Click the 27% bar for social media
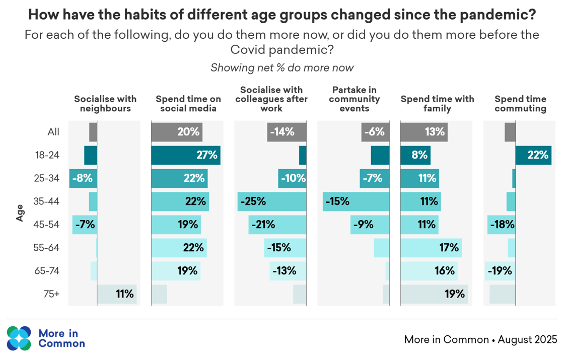[186, 155]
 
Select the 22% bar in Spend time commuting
[533, 155]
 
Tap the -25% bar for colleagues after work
[272, 201]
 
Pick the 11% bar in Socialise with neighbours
[117, 294]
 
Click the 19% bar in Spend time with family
[434, 294]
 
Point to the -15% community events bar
[356, 201]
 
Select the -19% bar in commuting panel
[500, 271]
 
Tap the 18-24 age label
[47, 155]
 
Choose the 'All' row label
[53, 132]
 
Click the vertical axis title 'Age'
[20, 212]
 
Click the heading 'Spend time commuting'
[520, 104]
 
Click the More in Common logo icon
[19, 338]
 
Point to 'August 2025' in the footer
[527, 339]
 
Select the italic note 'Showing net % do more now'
[282, 67]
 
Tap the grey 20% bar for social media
[177, 132]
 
